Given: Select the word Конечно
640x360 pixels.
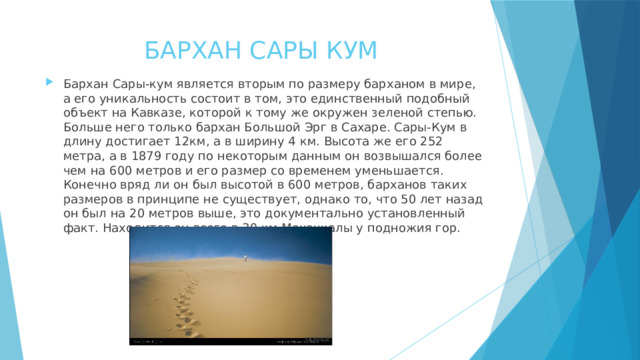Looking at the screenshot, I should [x=91, y=186].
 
